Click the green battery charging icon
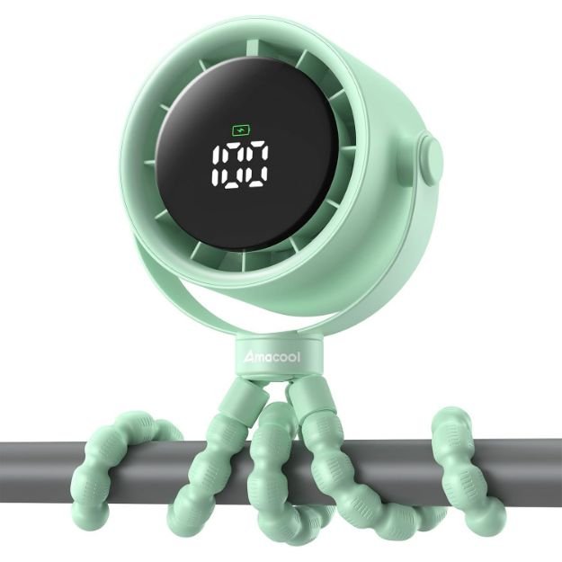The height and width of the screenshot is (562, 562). pyautogui.click(x=242, y=130)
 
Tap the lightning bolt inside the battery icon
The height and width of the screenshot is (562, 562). pyautogui.click(x=242, y=130)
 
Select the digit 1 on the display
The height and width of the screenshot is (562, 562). pyautogui.click(x=219, y=165)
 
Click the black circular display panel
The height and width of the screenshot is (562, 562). pyautogui.click(x=247, y=155)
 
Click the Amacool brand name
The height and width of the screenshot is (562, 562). pyautogui.click(x=272, y=357)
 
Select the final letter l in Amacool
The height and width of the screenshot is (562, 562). pyautogui.click(x=299, y=356)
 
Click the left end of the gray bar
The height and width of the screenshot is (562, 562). pyautogui.click(x=2, y=472)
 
